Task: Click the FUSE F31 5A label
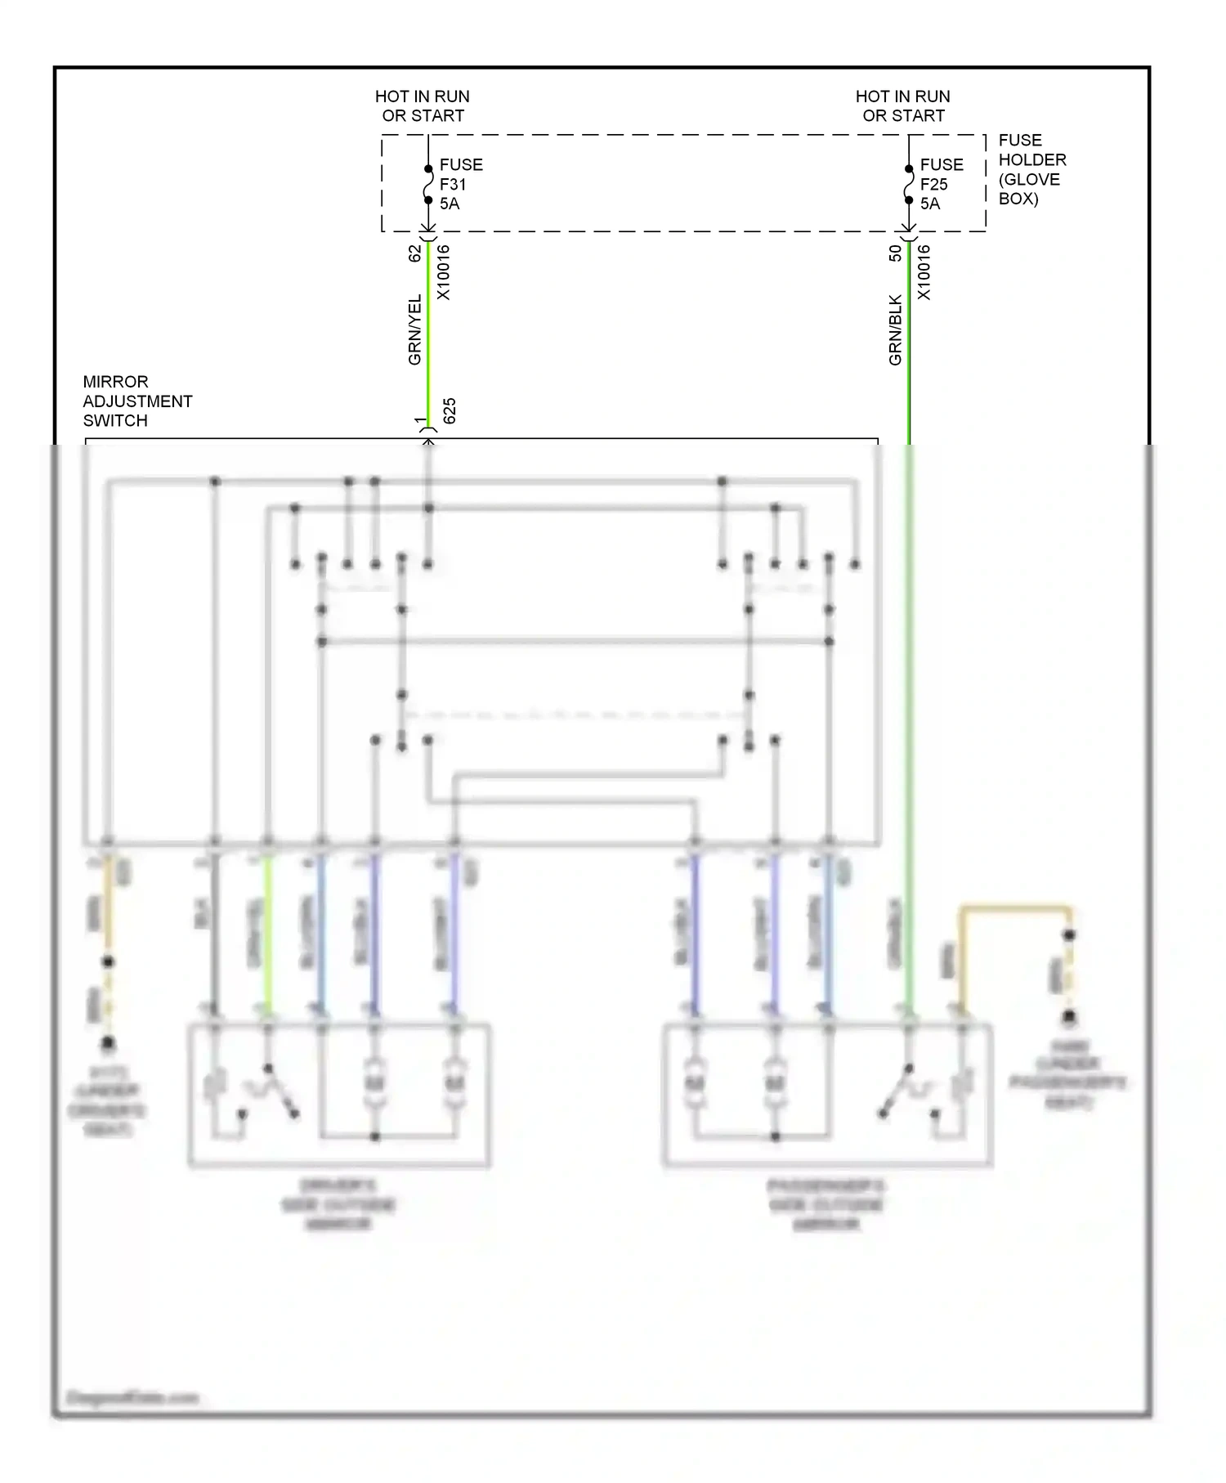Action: [460, 184]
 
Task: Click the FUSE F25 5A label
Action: [941, 184]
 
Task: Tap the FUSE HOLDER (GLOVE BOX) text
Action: [1031, 169]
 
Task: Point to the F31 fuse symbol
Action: [427, 185]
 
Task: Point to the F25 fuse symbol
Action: [908, 185]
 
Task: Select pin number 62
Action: [414, 253]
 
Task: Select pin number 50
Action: [895, 253]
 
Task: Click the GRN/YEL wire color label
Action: [414, 329]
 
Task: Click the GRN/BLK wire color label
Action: [895, 329]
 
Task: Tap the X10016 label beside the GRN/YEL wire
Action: [443, 272]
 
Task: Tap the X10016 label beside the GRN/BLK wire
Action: [924, 272]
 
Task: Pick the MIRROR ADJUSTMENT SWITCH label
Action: [136, 401]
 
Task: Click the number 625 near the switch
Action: [449, 411]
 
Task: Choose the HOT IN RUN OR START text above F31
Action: [423, 106]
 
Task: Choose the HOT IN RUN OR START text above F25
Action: [903, 106]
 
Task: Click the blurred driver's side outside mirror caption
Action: [338, 1204]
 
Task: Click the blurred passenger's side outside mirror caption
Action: [826, 1204]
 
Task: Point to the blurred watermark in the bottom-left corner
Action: [132, 1397]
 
